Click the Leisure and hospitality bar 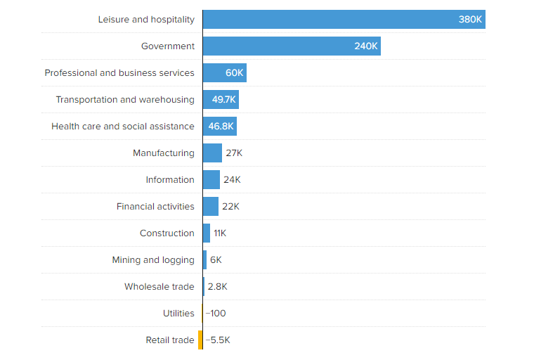click(x=344, y=20)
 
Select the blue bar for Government click(x=292, y=46)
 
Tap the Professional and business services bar click(x=224, y=73)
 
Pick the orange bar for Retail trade click(x=200, y=340)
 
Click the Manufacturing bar click(x=212, y=153)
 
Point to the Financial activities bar click(x=211, y=207)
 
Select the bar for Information click(x=211, y=180)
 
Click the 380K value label click(x=470, y=20)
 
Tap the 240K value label click(x=366, y=46)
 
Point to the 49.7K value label click(x=224, y=100)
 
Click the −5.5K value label click(x=218, y=340)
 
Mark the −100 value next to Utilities click(x=216, y=314)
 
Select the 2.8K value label click(x=218, y=287)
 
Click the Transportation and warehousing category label click(x=125, y=100)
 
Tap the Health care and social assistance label click(x=123, y=127)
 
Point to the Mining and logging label click(x=153, y=260)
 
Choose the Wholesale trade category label click(x=159, y=287)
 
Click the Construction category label click(x=167, y=233)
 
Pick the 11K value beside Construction click(x=220, y=233)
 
